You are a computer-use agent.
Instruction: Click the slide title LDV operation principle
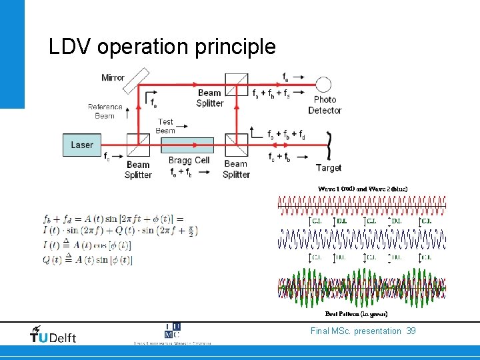pyautogui.click(x=162, y=47)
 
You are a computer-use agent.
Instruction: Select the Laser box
pyautogui.click(x=82, y=145)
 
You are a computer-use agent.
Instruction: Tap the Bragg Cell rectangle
pyautogui.click(x=187, y=145)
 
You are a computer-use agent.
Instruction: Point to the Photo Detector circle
pyautogui.click(x=323, y=85)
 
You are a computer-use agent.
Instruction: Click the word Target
pyautogui.click(x=329, y=168)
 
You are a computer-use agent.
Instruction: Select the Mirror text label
pyautogui.click(x=113, y=77)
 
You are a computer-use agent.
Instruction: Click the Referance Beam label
pyautogui.click(x=105, y=111)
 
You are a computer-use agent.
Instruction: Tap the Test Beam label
pyautogui.click(x=165, y=126)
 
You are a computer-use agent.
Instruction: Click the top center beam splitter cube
pyautogui.click(x=237, y=85)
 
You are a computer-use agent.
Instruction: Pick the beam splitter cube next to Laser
pyautogui.click(x=138, y=145)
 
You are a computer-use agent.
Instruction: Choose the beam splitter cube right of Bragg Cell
pyautogui.click(x=236, y=145)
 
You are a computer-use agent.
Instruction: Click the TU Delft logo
pyautogui.click(x=53, y=335)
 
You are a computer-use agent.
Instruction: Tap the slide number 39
pyautogui.click(x=411, y=331)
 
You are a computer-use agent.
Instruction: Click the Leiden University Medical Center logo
pyautogui.click(x=172, y=334)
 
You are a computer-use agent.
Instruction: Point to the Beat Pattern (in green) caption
pyautogui.click(x=356, y=313)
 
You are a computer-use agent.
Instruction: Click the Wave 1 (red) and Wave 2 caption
pyautogui.click(x=362, y=189)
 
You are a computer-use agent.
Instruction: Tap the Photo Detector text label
pyautogui.click(x=325, y=105)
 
